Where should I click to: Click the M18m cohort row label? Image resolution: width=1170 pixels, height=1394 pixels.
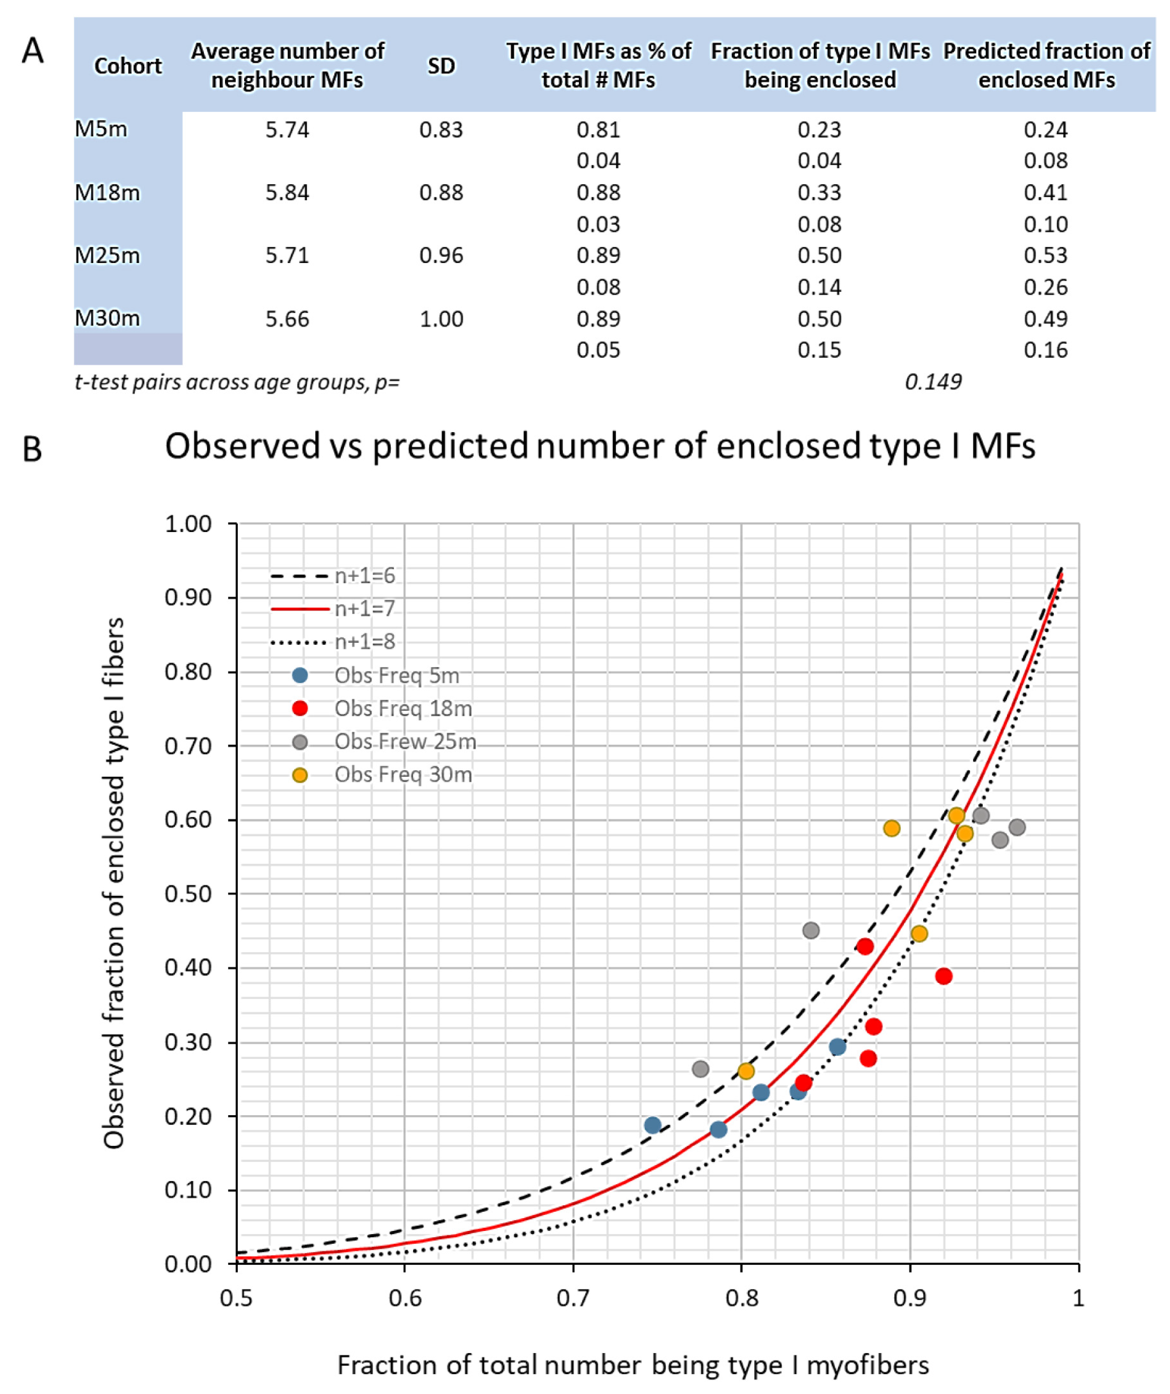(x=107, y=192)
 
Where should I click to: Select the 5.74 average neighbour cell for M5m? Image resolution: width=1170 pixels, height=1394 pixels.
(x=287, y=129)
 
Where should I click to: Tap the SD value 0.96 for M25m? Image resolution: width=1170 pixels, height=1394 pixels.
(x=441, y=256)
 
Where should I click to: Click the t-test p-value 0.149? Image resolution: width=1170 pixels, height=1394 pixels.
(x=933, y=382)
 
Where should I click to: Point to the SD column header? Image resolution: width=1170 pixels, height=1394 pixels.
(x=441, y=66)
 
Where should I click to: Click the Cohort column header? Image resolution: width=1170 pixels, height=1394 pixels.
(x=128, y=66)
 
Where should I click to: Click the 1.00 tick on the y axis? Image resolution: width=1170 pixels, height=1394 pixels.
(x=188, y=525)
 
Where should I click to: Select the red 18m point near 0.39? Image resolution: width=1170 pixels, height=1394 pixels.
(x=944, y=976)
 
